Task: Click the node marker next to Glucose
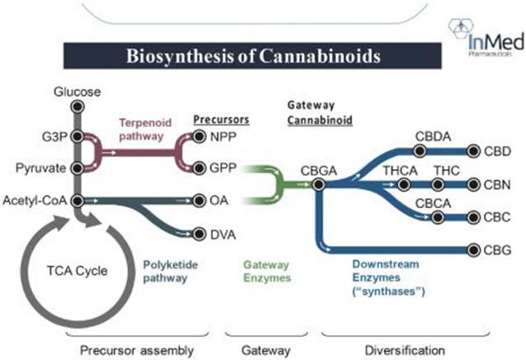77,107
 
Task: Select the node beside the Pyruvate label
77,168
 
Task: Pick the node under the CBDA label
420,151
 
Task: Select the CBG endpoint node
473,248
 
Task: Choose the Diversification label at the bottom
393,347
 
